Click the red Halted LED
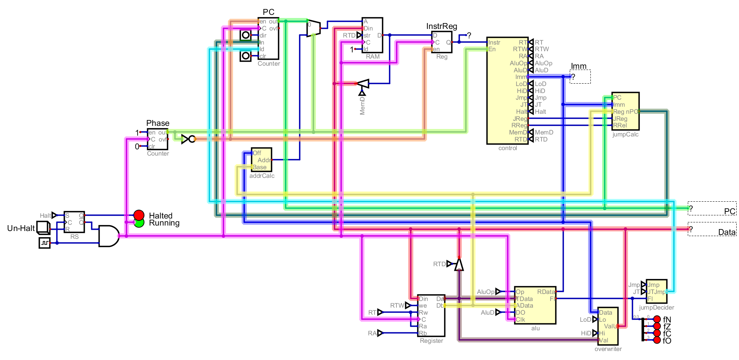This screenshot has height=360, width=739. pos(139,215)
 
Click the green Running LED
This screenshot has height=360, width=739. pos(139,222)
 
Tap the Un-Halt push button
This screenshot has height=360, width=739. pos(43,227)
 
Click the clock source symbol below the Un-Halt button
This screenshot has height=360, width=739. pos(45,243)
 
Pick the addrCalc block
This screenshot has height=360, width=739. pos(262,159)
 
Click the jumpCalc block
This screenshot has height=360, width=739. pos(626,111)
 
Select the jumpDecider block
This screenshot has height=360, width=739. pos(656,291)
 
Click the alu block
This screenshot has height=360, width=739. pos(535,305)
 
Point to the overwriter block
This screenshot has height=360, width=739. pos(608,326)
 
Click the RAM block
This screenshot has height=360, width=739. pos(372,35)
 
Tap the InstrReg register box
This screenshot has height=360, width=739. pos(442,42)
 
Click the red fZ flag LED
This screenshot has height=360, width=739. pos(657,326)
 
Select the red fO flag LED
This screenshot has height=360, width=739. pos(657,340)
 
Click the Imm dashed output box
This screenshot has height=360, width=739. pos(580,77)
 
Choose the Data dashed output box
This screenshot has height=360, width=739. pos(712,229)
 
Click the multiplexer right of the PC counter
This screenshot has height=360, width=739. pos(313,28)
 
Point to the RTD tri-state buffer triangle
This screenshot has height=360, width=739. pos(459,264)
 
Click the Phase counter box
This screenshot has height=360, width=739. pos(158,139)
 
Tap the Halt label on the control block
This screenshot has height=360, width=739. pos(522,112)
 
